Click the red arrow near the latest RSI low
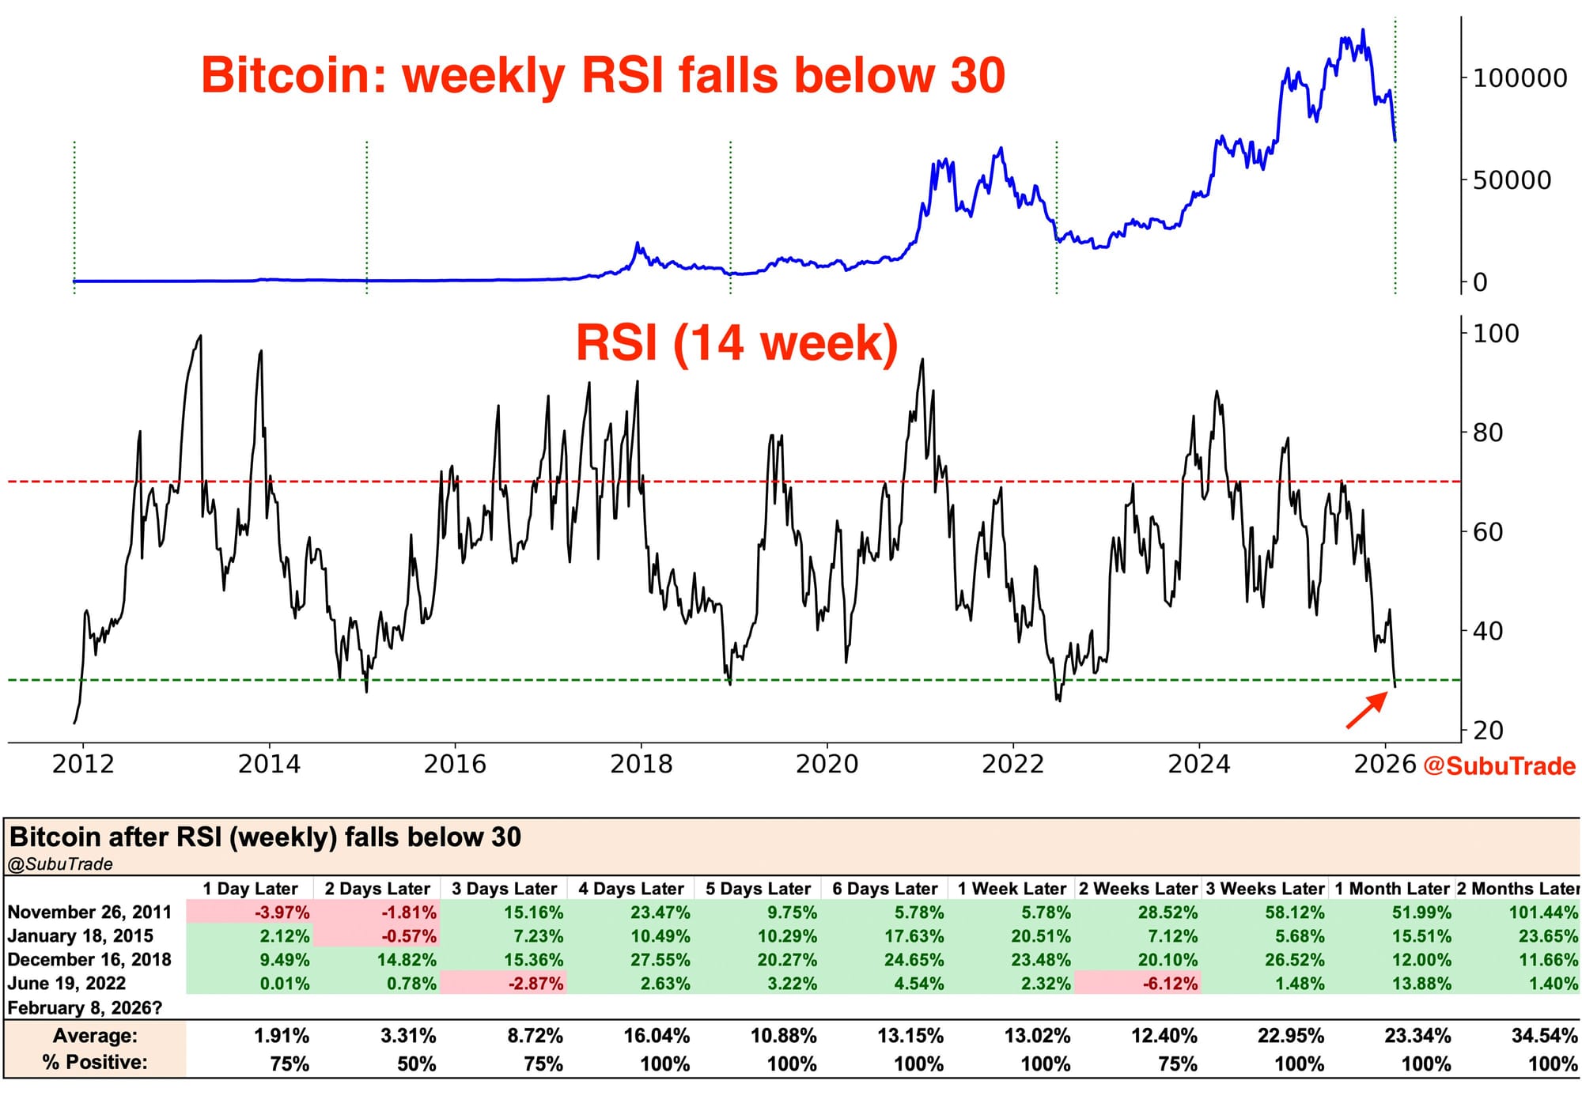(x=1367, y=709)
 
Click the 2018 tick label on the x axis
(x=641, y=764)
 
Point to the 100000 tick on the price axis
(x=1519, y=78)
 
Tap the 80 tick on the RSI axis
(x=1487, y=433)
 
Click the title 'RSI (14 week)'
(x=736, y=343)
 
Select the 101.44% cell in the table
(x=1542, y=912)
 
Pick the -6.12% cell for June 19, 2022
(x=1169, y=984)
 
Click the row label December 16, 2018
(x=89, y=960)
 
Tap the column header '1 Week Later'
(x=1012, y=889)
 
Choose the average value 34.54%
(x=1544, y=1036)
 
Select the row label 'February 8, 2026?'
(x=85, y=1008)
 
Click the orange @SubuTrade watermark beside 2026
(x=1499, y=766)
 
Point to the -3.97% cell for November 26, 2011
(x=282, y=912)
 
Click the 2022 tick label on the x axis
(x=1012, y=764)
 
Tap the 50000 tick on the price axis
(x=1511, y=180)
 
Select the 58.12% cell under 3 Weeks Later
(x=1294, y=912)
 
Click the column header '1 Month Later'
(x=1391, y=889)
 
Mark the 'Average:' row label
(x=95, y=1036)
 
